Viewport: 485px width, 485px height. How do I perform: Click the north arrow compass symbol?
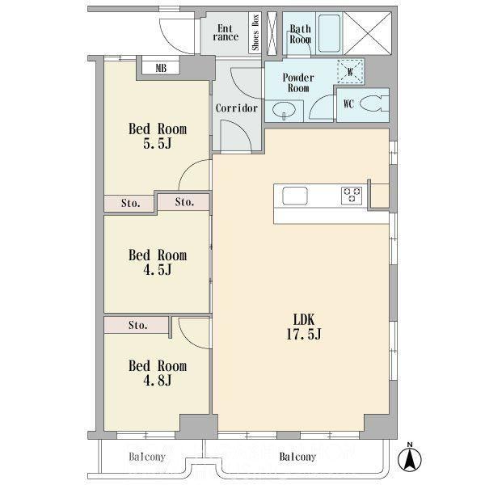pos(410,458)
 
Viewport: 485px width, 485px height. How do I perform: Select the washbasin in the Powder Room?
pos(284,111)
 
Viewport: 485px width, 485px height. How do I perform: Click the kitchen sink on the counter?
pos(295,196)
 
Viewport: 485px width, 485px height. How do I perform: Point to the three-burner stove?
pos(352,196)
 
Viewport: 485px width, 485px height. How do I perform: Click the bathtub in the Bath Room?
pos(330,33)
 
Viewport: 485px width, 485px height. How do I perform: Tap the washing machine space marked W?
pos(350,71)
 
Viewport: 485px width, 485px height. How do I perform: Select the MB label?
pos(161,68)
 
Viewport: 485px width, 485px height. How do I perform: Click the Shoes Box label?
pos(255,32)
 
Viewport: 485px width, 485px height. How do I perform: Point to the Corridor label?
pos(237,108)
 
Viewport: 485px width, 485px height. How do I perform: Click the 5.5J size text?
pos(157,144)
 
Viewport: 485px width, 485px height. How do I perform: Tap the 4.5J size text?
pos(157,270)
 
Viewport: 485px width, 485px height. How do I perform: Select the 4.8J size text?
pos(157,381)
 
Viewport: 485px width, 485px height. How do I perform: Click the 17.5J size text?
pos(304,334)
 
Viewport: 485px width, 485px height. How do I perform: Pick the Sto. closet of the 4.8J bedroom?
pos(136,325)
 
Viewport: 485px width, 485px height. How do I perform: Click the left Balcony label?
pos(147,457)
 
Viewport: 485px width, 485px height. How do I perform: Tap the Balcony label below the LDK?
pos(297,457)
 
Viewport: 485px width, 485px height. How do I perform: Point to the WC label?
pos(348,104)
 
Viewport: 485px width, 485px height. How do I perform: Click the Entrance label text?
pos(226,33)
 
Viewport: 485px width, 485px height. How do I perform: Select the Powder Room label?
pos(298,82)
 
